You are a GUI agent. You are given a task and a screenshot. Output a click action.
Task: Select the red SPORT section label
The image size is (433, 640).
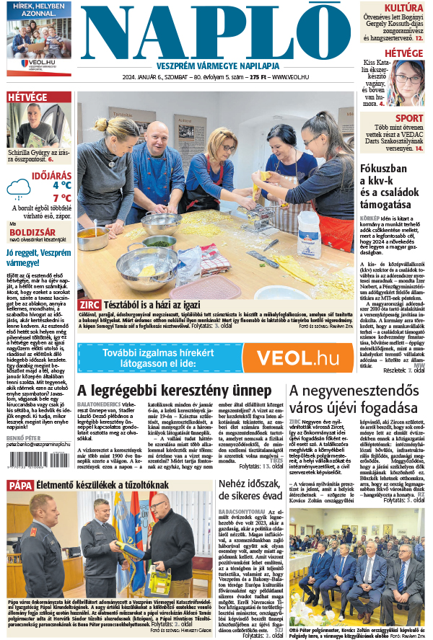(409, 118)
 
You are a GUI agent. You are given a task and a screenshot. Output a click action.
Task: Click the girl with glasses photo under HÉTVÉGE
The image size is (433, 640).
(411, 82)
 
